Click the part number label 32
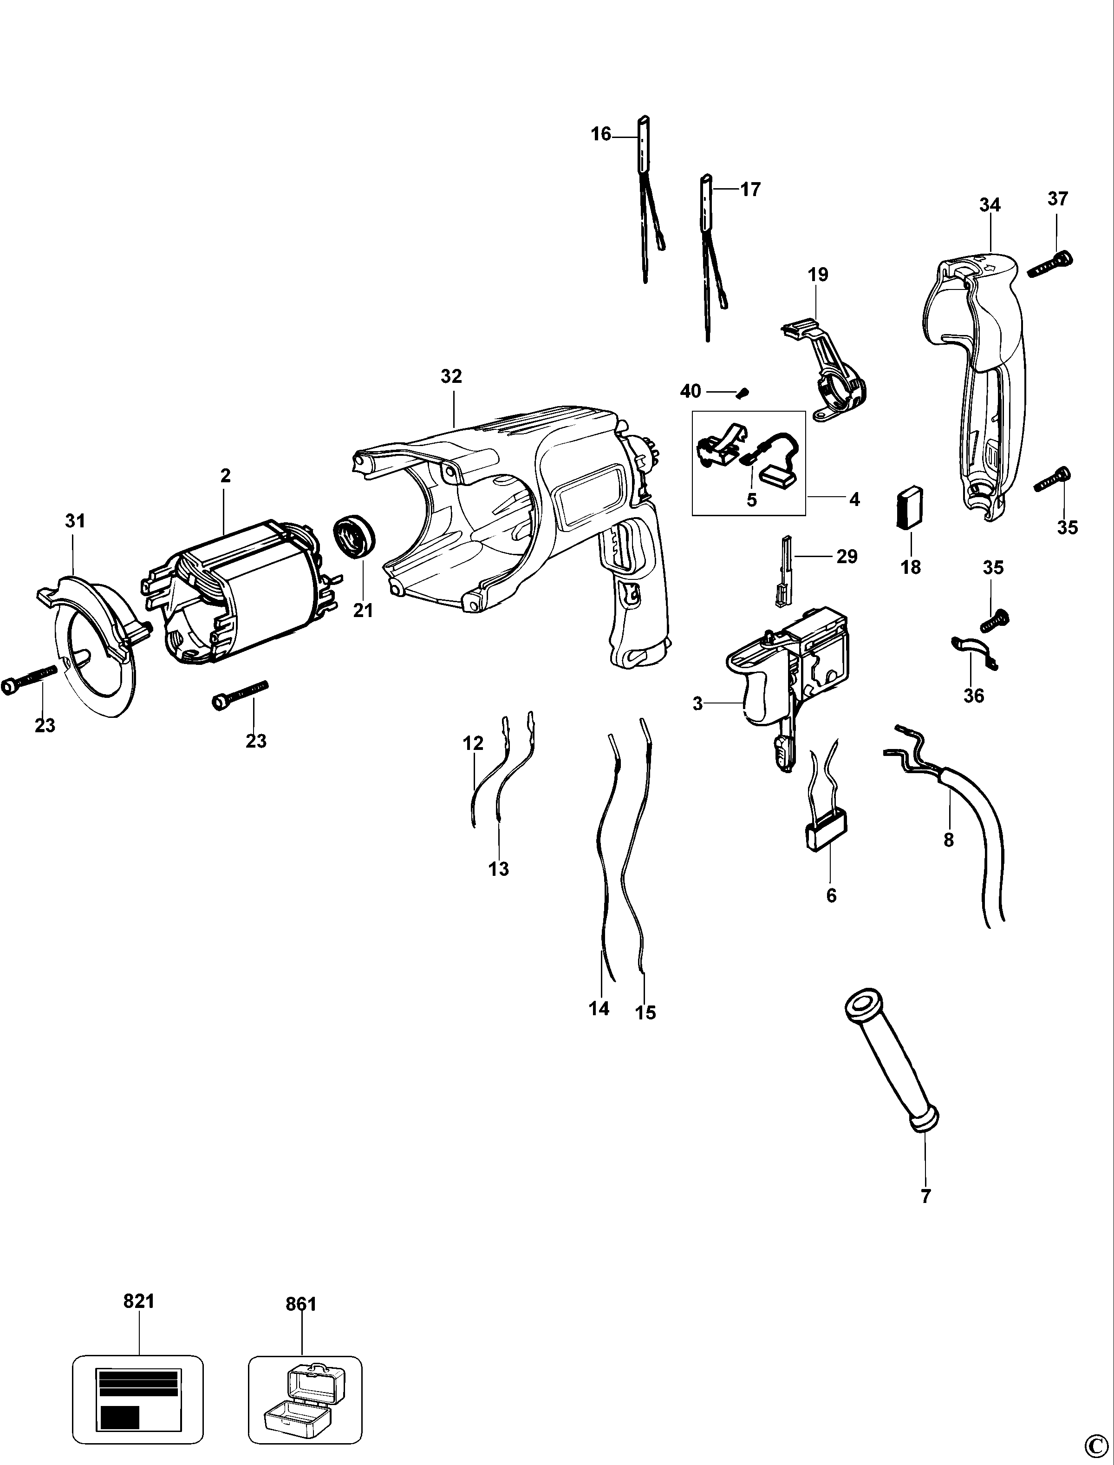tap(451, 376)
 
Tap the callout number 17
tap(750, 190)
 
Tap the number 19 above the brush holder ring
tap(818, 274)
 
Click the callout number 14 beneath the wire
tap(599, 1009)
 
